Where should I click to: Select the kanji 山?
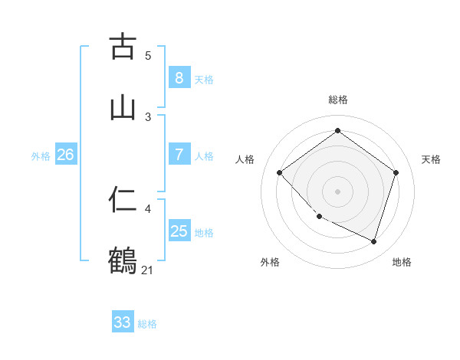coord(123,107)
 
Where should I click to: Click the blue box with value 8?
coord(179,77)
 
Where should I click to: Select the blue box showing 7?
coord(179,155)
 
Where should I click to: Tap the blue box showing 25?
coord(179,231)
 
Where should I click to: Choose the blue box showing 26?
coord(65,155)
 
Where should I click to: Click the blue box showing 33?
coord(123,322)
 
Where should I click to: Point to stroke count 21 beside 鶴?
coord(147,270)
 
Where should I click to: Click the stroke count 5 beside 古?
coord(148,55)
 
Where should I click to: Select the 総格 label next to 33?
coord(147,324)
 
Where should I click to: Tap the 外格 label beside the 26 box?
coord(41,156)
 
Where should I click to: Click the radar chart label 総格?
coord(337,100)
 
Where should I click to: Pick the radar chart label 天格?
coord(431,159)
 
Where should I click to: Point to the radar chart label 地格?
coord(402,262)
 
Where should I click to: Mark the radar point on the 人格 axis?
coord(280,172)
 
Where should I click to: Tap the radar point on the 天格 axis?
coord(396,172)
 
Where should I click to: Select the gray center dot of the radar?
coord(337,191)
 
